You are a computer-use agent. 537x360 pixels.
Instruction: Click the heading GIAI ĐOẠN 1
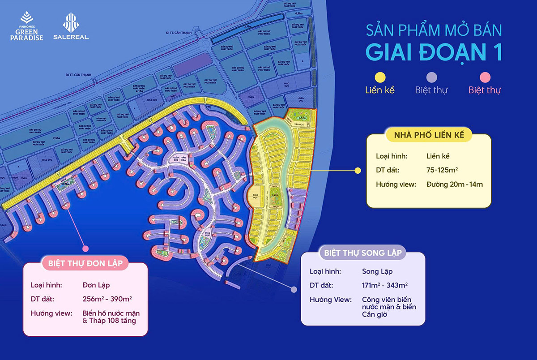[x=433, y=52]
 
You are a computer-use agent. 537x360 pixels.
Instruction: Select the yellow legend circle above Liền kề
[x=379, y=77]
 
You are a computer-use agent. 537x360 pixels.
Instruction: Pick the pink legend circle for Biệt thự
[x=485, y=77]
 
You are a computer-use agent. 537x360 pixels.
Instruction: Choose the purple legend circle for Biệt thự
[x=431, y=77]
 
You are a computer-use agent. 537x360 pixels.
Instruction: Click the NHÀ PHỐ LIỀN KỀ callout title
[x=429, y=135]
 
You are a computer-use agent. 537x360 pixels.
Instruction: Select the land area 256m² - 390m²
[x=107, y=299]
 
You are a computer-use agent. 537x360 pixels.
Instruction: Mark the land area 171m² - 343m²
[x=384, y=285]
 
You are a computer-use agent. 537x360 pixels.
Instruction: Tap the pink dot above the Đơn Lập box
[x=85, y=248]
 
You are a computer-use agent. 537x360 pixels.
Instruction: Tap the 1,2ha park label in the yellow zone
[x=277, y=195]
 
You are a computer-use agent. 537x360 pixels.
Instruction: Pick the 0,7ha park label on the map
[x=66, y=184]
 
